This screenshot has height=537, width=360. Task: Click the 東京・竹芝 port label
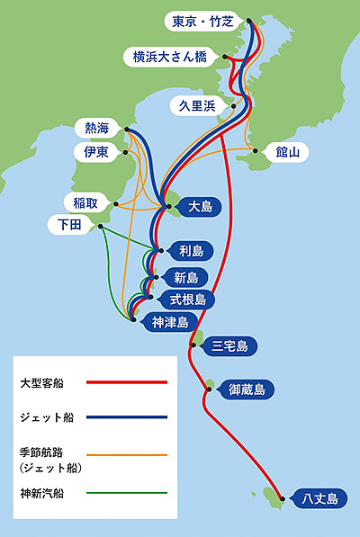[202, 22]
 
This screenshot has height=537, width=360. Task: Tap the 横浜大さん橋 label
[170, 57]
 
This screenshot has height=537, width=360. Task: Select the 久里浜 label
[198, 106]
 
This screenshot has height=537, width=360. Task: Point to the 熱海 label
[97, 129]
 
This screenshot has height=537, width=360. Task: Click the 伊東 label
[96, 152]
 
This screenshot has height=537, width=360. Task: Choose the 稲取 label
[85, 203]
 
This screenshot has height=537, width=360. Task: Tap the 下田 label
[69, 225]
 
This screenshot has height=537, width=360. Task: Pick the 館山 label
[287, 152]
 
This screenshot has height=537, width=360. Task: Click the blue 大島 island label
[200, 207]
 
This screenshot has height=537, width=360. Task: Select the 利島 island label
[191, 251]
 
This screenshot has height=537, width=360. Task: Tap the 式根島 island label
[188, 300]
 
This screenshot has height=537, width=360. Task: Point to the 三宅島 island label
[229, 346]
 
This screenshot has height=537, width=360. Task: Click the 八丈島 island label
[319, 498]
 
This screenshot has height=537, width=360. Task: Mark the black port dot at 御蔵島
[209, 389]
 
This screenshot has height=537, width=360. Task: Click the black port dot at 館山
[256, 151]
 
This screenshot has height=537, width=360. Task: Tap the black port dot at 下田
[101, 227]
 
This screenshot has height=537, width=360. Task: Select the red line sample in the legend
[127, 382]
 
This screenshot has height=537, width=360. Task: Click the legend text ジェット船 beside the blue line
[47, 417]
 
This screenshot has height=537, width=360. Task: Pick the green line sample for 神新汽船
[127, 493]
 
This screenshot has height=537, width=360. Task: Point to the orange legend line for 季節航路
[127, 455]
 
